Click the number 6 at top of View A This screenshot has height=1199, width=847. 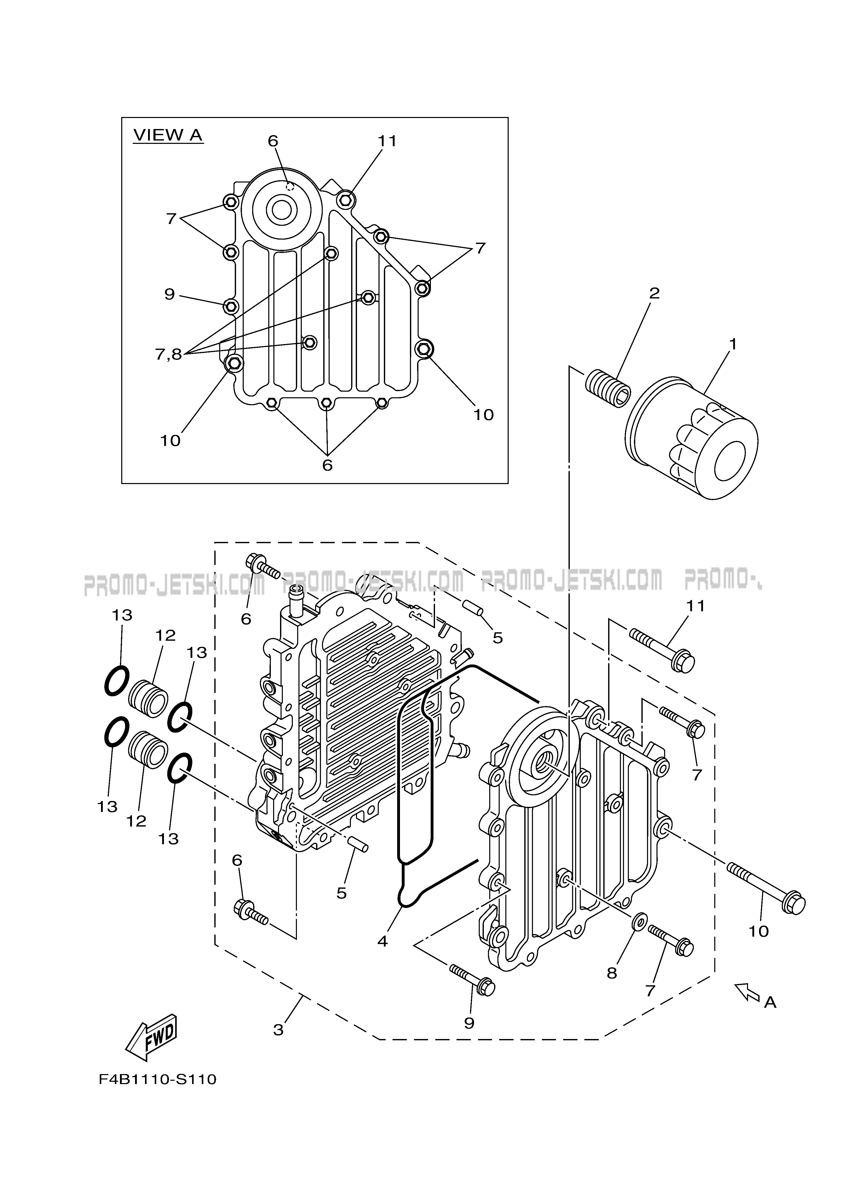coord(273,141)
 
